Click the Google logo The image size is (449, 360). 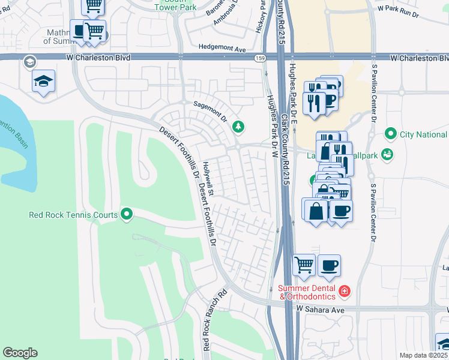pos(20,353)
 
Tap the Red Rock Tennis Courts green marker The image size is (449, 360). pos(127,214)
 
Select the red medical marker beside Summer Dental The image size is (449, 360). pos(345,292)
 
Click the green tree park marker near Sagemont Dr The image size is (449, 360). pos(239,126)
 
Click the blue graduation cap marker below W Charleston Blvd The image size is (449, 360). pos(43,81)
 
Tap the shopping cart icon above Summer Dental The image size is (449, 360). pos(304,264)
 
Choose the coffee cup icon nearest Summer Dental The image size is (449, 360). pos(329,264)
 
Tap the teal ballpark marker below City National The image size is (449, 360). pos(388,154)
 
